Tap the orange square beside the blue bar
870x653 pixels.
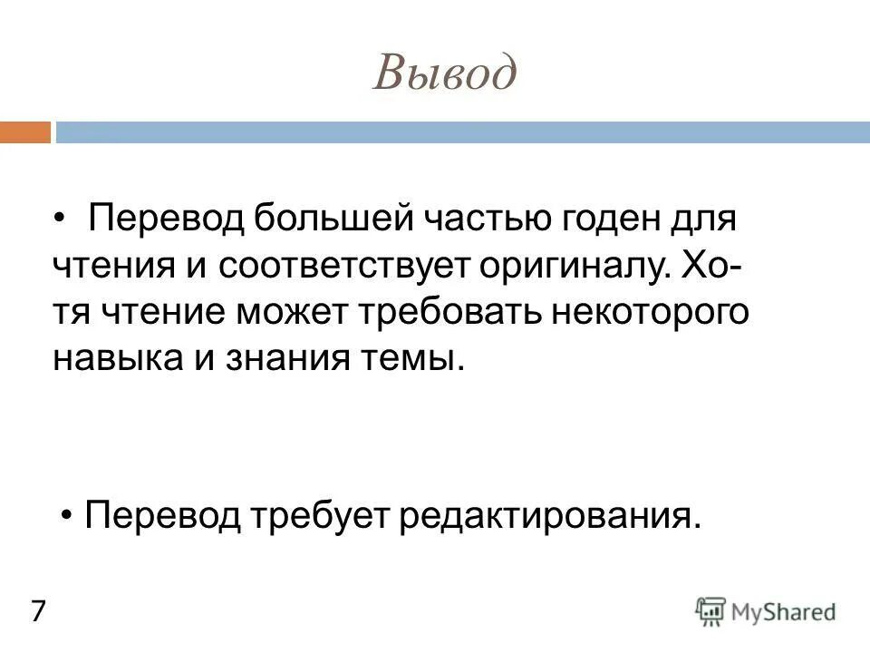click(x=24, y=133)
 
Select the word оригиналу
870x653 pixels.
click(x=575, y=267)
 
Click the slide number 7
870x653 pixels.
click(x=39, y=611)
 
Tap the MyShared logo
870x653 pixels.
click(x=766, y=611)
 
